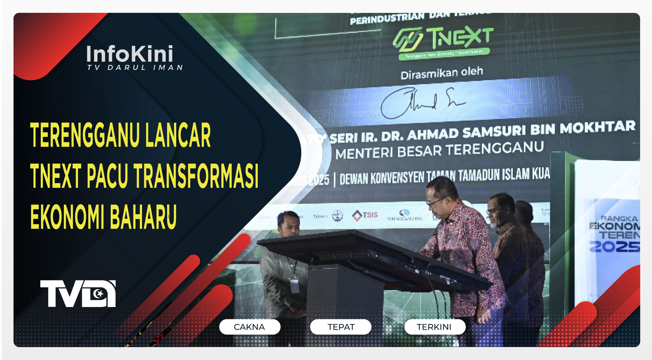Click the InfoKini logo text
point(130,54)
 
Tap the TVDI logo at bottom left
point(78,293)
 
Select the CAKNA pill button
point(250,327)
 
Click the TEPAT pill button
point(341,327)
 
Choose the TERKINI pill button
point(434,327)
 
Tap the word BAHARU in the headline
point(143,217)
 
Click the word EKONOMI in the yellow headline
point(66,217)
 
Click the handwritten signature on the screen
point(421,102)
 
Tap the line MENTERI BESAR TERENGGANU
point(439,151)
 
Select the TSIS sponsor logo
point(365,215)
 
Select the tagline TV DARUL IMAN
point(135,68)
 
